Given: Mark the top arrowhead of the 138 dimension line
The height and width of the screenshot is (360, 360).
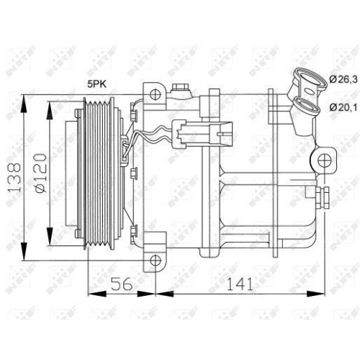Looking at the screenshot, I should [26, 97].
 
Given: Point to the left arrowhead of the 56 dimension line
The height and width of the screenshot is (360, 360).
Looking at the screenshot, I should [91, 293].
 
